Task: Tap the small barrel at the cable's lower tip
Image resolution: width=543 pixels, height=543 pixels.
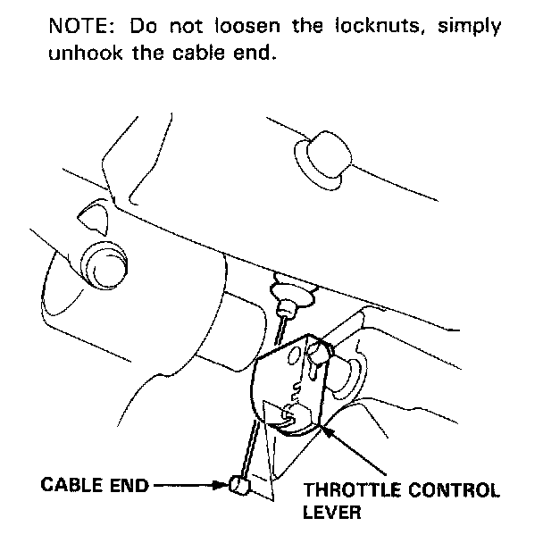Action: coord(236,485)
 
